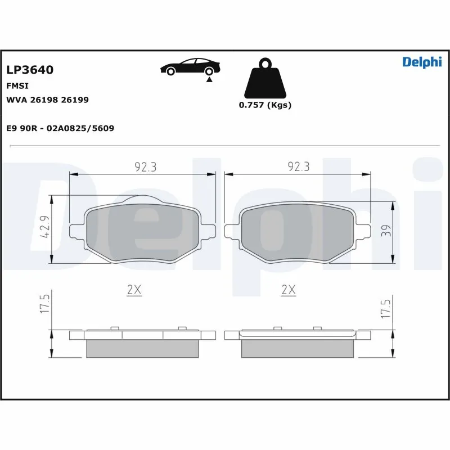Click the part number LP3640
[30, 70]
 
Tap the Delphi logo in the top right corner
[421, 62]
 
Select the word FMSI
[17, 86]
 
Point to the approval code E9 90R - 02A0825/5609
[60, 128]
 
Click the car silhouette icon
[190, 67]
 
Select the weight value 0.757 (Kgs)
[265, 105]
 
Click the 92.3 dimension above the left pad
[145, 166]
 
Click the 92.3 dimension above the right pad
[299, 166]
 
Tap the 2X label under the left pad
[134, 290]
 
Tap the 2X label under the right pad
[288, 290]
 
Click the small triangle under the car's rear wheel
[209, 80]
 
